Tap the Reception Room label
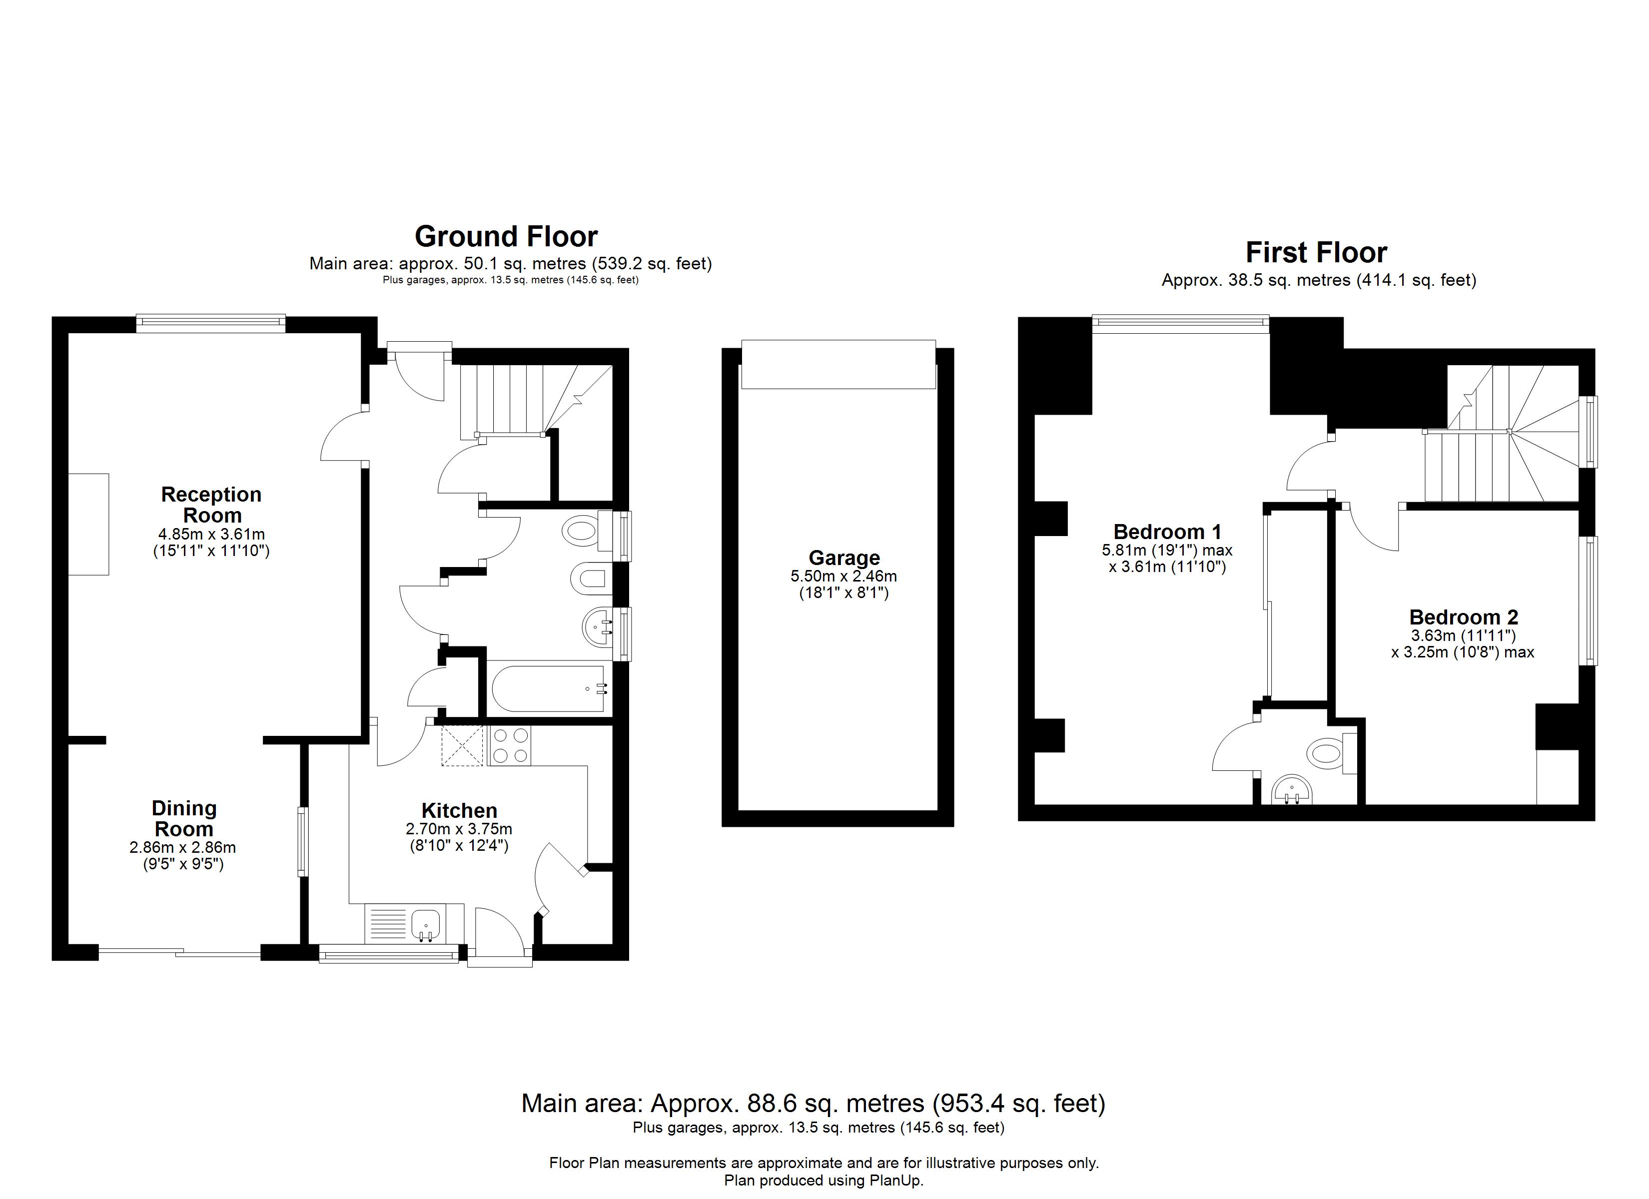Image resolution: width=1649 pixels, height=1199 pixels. tap(211, 505)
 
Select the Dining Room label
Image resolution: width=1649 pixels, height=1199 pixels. tap(184, 819)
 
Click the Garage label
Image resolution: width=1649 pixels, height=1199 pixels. tap(843, 558)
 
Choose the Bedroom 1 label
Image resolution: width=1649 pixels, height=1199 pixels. tap(1166, 532)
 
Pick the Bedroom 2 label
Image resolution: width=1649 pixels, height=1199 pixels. tap(1463, 617)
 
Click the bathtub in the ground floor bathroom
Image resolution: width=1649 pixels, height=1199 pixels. tap(549, 688)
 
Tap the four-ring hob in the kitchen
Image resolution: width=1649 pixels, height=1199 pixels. tap(510, 745)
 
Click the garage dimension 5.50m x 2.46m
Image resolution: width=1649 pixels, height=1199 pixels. tap(843, 577)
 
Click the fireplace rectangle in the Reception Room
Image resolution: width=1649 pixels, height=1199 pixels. tap(89, 524)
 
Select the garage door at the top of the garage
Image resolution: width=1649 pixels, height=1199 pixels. tap(837, 364)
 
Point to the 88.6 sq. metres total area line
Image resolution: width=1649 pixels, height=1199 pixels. tap(813, 1104)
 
